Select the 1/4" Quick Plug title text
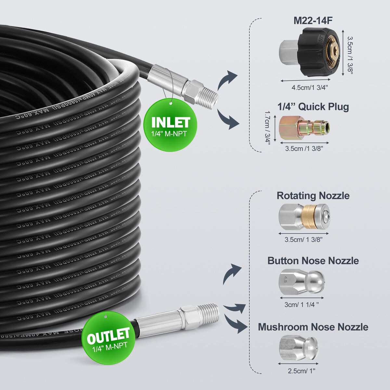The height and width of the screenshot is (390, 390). [313, 107]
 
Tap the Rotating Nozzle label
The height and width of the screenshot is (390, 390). [313, 196]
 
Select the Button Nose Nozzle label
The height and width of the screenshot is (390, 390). [313, 261]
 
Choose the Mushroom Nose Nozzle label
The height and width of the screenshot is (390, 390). [313, 327]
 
